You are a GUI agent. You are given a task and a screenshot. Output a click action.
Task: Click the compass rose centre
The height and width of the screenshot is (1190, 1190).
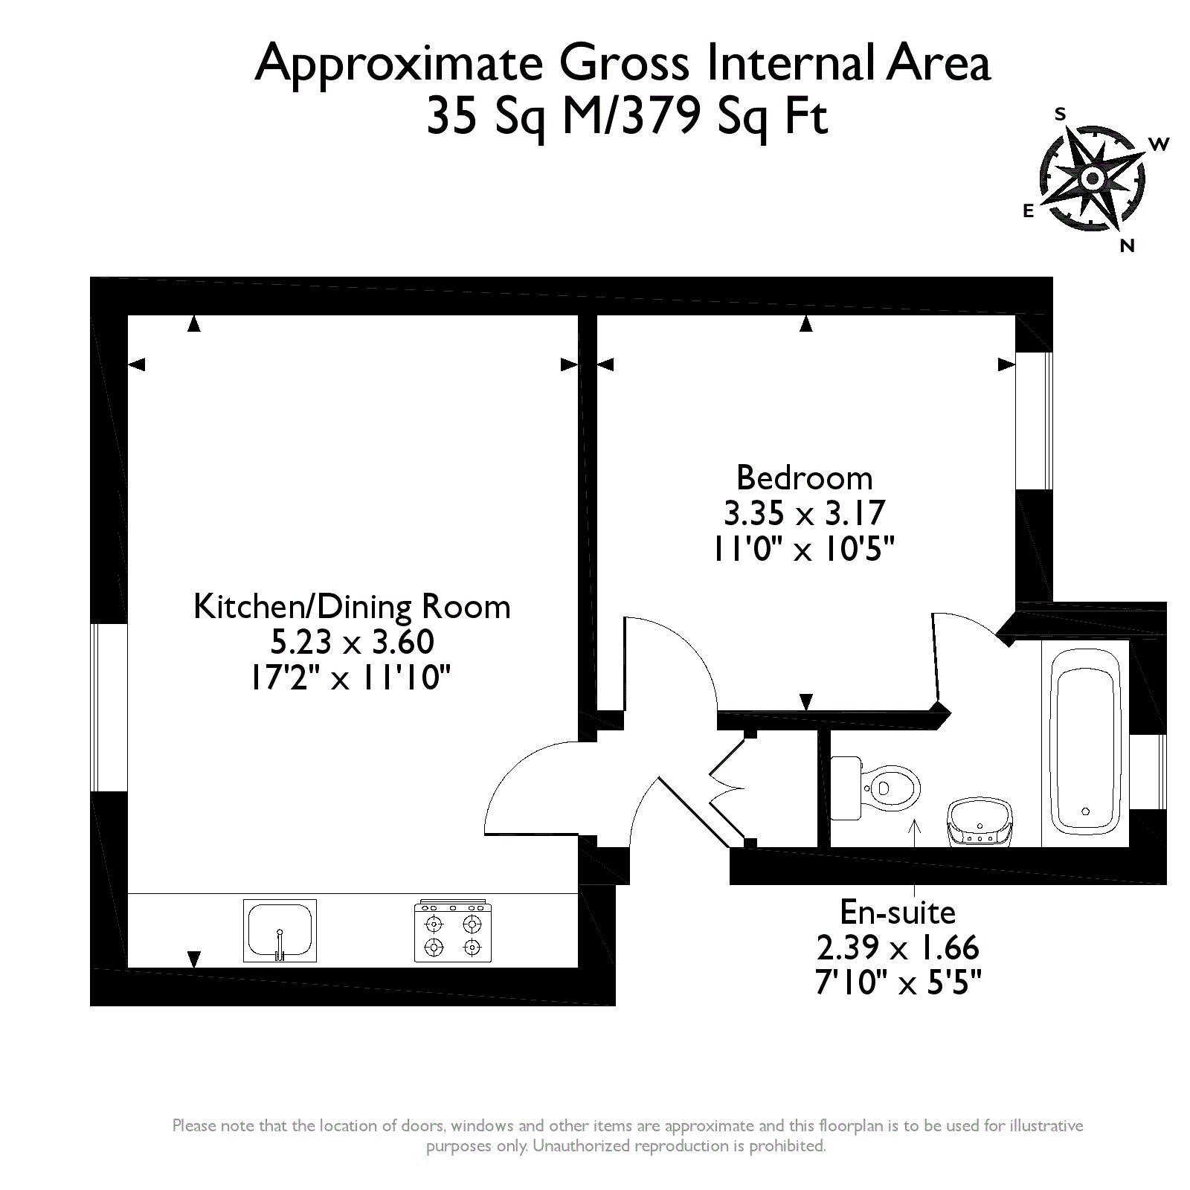(1093, 178)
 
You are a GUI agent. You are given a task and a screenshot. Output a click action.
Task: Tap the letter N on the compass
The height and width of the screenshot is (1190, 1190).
(1128, 245)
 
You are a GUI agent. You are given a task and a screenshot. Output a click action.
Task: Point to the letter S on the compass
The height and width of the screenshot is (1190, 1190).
(1061, 114)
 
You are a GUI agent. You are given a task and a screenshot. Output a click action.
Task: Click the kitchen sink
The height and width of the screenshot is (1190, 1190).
(280, 930)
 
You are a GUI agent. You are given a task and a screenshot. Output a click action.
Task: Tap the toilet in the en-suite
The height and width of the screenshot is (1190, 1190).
(875, 788)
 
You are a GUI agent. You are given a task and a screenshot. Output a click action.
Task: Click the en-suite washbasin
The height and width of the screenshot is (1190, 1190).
(980, 822)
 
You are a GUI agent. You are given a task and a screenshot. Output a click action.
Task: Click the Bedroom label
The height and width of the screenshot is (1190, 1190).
(804, 477)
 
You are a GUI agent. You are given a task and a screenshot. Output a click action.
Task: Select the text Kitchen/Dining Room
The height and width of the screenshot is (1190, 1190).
(352, 607)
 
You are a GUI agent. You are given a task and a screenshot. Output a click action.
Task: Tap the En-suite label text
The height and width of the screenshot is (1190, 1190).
(898, 912)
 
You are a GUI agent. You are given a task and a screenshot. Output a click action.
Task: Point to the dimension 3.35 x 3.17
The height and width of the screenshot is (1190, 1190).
(804, 513)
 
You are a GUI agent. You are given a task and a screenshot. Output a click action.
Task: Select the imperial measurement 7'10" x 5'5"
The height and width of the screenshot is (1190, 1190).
(898, 983)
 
